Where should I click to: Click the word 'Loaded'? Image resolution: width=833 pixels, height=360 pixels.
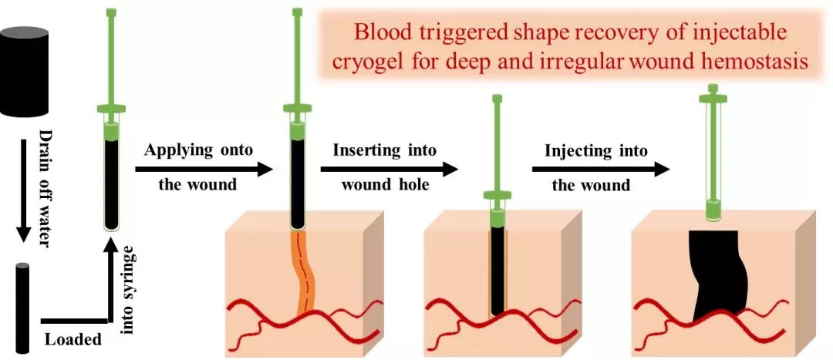pos(73,339)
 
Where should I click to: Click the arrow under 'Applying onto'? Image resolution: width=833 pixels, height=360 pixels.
pos(204,167)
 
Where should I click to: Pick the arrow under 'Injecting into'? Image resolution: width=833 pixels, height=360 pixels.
pos(599,167)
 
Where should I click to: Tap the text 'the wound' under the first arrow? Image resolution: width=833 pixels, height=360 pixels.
pos(197,186)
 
